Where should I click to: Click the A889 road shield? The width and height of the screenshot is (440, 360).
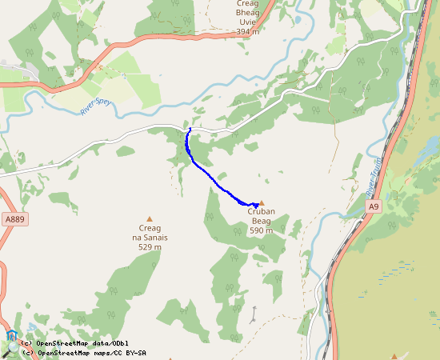pyautogui.click(x=14, y=218)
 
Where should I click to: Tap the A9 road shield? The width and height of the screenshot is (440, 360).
pyautogui.click(x=373, y=206)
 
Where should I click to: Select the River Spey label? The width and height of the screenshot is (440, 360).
pyautogui.click(x=95, y=106)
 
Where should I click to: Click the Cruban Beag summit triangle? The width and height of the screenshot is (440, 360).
pyautogui.click(x=262, y=203)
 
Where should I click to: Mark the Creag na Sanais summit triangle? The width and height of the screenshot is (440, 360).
pyautogui.click(x=149, y=218)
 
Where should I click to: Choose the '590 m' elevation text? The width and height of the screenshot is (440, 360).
pyautogui.click(x=261, y=231)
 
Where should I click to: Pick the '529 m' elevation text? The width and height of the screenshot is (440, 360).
pyautogui.click(x=148, y=247)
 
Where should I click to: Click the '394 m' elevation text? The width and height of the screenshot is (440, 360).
pyautogui.click(x=247, y=32)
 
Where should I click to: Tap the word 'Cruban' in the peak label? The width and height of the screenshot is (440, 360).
pyautogui.click(x=262, y=212)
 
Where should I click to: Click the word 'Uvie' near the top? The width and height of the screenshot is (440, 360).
pyautogui.click(x=247, y=22)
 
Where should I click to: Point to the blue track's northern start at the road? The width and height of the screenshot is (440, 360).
pyautogui.click(x=190, y=128)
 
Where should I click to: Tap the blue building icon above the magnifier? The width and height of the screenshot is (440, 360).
pyautogui.click(x=11, y=336)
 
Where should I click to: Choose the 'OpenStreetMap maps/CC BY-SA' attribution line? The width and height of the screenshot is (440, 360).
pyautogui.click(x=83, y=353)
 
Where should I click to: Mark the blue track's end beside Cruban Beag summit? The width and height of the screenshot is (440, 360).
pyautogui.click(x=256, y=206)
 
